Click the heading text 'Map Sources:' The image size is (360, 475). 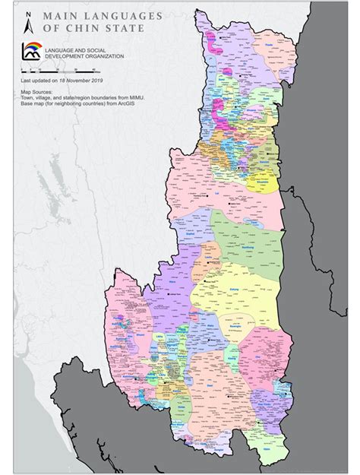(36, 90)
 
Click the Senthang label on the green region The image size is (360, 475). (250, 246)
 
